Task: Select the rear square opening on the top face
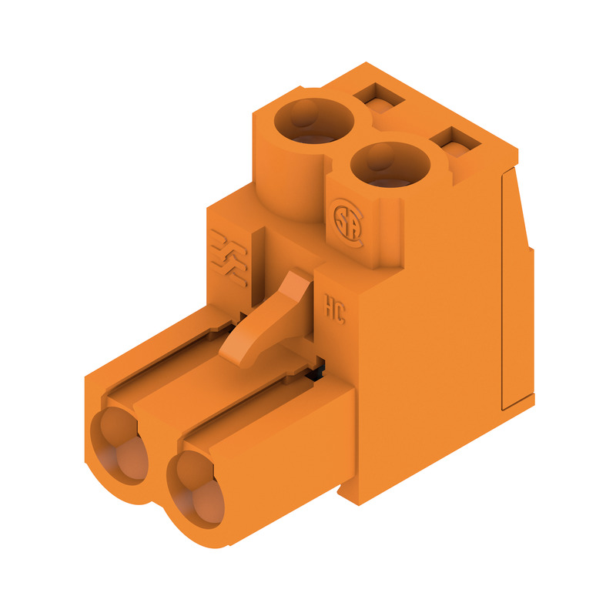pos(377,97)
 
